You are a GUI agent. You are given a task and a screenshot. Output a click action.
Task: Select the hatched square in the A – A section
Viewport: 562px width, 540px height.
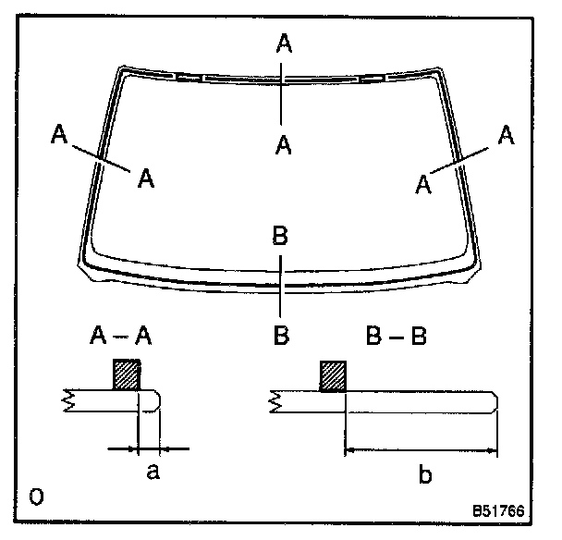click(127, 374)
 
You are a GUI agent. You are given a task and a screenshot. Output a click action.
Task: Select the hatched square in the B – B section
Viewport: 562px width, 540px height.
click(332, 374)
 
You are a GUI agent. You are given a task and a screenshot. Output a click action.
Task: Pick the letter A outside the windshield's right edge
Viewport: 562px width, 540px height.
click(505, 135)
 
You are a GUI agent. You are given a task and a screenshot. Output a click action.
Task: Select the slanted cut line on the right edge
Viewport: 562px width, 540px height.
click(461, 157)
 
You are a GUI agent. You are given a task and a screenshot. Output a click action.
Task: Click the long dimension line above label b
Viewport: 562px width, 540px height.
click(421, 451)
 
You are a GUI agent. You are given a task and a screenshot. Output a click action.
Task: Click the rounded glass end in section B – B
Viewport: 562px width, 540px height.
click(497, 403)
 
